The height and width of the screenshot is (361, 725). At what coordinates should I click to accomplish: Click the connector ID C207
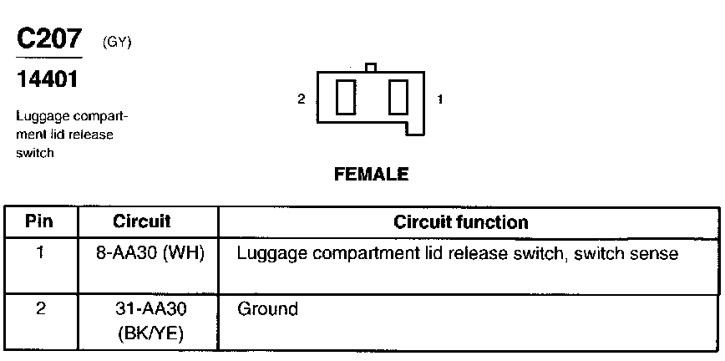[x=49, y=39]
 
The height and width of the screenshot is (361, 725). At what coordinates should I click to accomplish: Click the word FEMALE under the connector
[x=371, y=175]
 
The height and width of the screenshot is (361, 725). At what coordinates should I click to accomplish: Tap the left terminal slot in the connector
[x=345, y=99]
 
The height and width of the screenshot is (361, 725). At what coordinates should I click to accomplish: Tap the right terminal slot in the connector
[x=397, y=99]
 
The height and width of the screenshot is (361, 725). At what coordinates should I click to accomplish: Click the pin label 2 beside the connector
[x=301, y=99]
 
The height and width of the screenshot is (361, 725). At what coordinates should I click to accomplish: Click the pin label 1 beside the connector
[x=440, y=99]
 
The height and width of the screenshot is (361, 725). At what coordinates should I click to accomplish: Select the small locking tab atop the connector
[x=371, y=67]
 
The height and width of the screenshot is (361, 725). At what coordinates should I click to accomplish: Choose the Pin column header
[x=40, y=222]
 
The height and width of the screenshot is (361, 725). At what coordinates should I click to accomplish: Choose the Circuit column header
[x=141, y=222]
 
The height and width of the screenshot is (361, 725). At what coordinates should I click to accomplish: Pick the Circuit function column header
[x=460, y=222]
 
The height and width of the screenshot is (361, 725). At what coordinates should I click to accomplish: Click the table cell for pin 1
[x=40, y=252]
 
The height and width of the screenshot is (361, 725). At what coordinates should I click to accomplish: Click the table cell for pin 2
[x=40, y=308]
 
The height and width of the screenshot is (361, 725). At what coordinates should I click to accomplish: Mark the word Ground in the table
[x=267, y=309]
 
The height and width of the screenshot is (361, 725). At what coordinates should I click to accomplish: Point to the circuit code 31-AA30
[x=150, y=309]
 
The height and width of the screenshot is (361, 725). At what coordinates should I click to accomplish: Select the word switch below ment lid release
[x=34, y=153]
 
